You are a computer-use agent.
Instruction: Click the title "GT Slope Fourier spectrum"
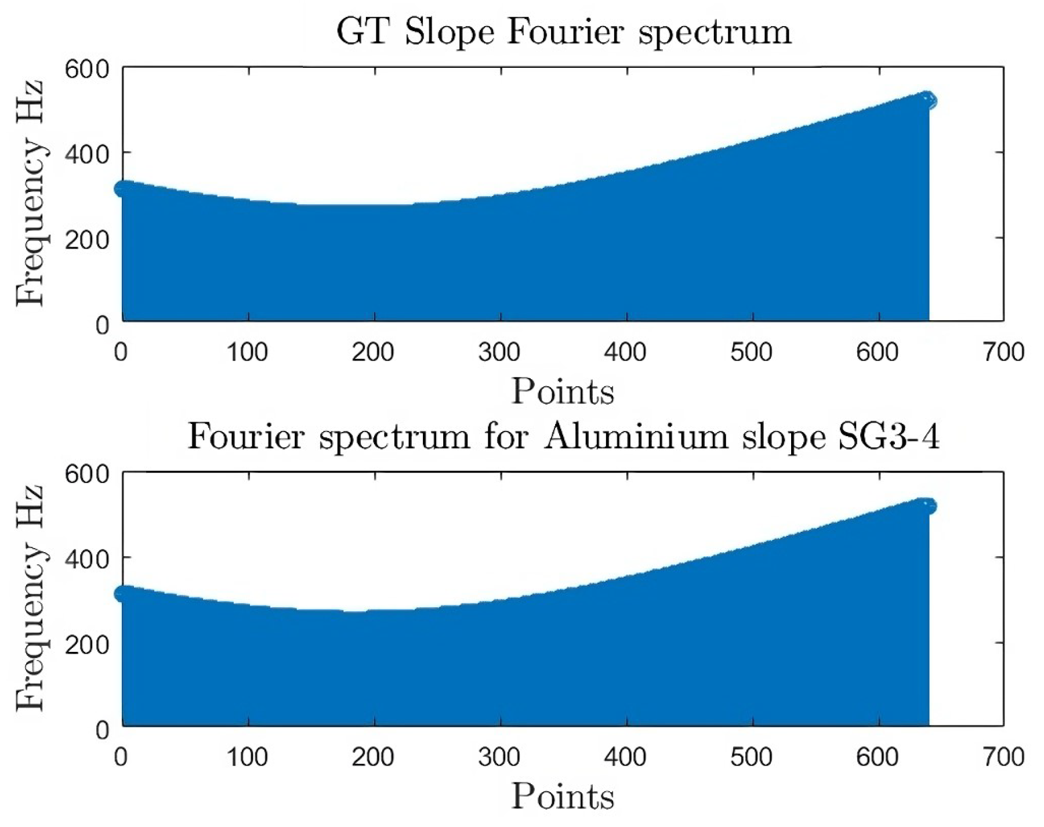563,32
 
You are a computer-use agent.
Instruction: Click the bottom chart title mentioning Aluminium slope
563,437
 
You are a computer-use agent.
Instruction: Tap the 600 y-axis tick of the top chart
87,70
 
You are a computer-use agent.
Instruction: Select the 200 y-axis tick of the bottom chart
87,644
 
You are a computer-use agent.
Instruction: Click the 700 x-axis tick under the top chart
1003,352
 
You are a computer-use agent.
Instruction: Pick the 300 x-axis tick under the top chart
500,352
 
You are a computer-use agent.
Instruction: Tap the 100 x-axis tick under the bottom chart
248,757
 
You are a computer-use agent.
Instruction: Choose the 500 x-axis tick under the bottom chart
752,757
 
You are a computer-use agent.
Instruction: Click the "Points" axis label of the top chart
563,392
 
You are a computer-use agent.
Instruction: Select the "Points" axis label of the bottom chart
563,797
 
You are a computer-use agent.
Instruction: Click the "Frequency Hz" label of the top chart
30,194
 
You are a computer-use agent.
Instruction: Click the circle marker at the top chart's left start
124,188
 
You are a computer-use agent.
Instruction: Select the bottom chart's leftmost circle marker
124,593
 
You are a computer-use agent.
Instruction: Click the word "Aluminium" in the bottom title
635,437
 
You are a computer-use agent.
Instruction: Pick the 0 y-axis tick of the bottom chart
102,729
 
